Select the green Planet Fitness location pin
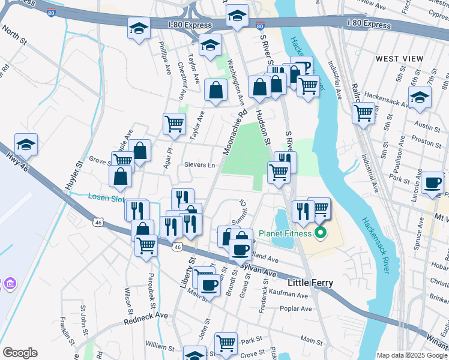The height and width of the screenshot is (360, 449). coord(321,233)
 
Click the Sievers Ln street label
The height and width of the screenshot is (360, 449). coord(199,164)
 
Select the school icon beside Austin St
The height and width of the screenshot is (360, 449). coord(420,96)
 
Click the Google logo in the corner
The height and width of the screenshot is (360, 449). coord(20,353)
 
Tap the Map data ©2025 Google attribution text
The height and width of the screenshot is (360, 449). coord(412,355)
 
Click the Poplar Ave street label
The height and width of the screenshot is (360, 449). coord(296,308)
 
